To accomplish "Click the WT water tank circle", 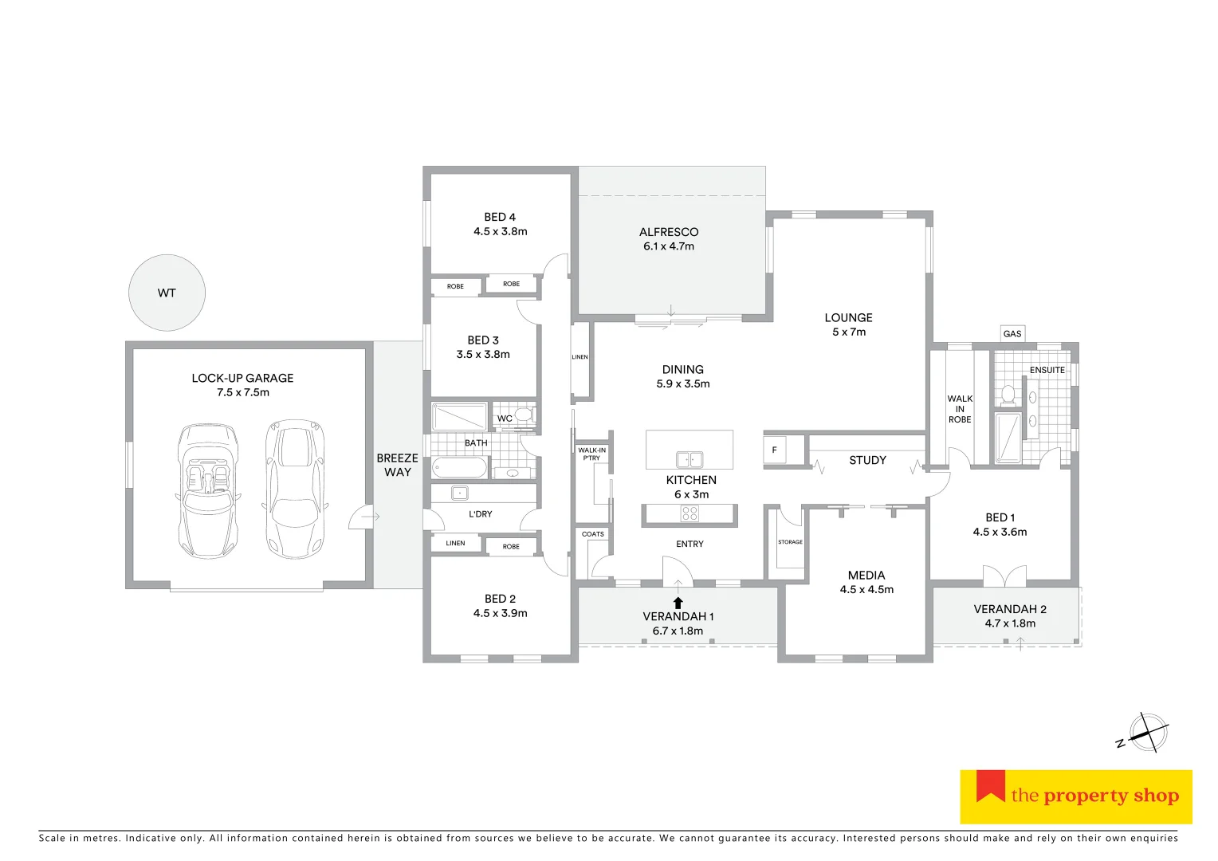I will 167,293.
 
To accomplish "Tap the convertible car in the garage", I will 207,490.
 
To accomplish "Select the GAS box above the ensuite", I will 1012,333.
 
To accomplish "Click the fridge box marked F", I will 774,450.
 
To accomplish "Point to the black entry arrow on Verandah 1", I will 678,603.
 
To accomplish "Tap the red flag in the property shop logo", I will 990,785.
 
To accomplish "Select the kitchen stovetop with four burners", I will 690,514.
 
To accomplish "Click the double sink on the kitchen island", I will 690,459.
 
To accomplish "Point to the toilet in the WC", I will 524,414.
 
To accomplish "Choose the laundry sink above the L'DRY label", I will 459,492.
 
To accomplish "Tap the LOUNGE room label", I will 848,317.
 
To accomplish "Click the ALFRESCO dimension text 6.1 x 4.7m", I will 669,246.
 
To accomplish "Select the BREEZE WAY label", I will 397,465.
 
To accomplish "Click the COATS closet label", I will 592,534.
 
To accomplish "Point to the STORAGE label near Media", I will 790,542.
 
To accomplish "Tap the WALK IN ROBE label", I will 960,409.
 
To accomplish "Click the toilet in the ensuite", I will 1008,394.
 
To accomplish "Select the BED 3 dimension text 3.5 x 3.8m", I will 483,355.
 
